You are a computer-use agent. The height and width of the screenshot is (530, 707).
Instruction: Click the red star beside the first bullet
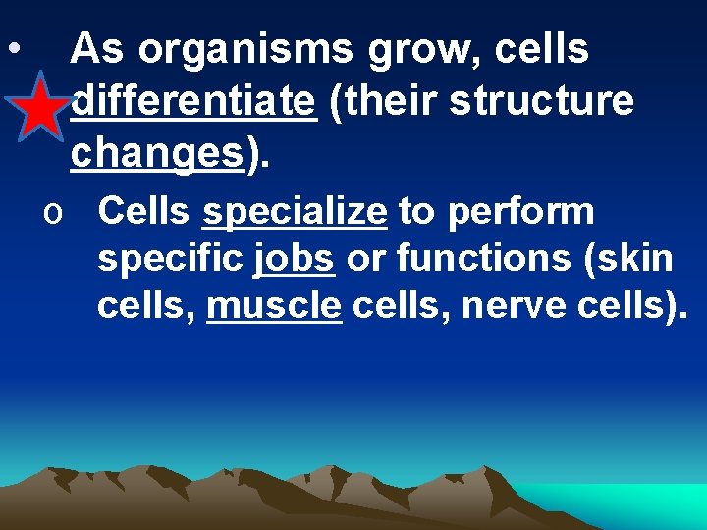[x=41, y=109]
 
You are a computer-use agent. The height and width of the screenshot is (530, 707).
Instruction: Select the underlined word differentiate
[x=193, y=100]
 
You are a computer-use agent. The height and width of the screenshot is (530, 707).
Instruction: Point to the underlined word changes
[x=156, y=152]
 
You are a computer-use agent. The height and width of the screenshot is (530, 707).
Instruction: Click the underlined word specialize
[x=295, y=210]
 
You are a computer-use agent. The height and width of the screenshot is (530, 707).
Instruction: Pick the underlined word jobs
[x=294, y=259]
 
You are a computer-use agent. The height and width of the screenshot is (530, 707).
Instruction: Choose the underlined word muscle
[x=274, y=306]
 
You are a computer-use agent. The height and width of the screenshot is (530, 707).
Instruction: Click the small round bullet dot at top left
[x=10, y=48]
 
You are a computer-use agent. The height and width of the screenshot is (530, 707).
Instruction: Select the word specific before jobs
[x=170, y=259]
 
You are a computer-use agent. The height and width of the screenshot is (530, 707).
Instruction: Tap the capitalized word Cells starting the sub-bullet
[x=145, y=210]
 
